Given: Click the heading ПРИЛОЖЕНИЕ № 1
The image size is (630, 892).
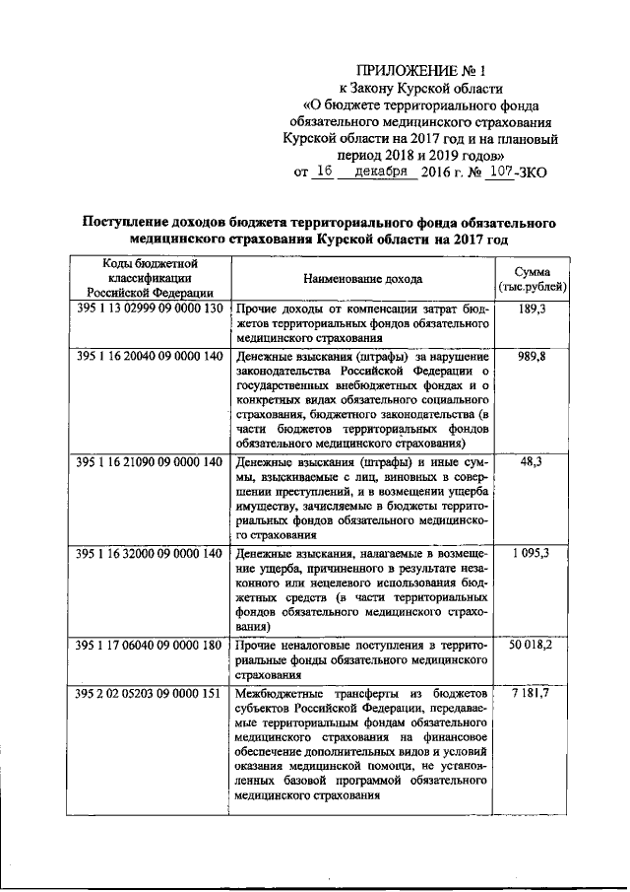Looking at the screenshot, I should pos(420,70).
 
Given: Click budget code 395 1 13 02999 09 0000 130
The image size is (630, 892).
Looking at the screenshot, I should pos(150,309).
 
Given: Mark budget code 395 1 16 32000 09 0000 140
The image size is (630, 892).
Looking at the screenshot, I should pos(150,556).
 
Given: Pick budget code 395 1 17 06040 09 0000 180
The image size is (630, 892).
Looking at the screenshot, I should pos(150,646).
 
